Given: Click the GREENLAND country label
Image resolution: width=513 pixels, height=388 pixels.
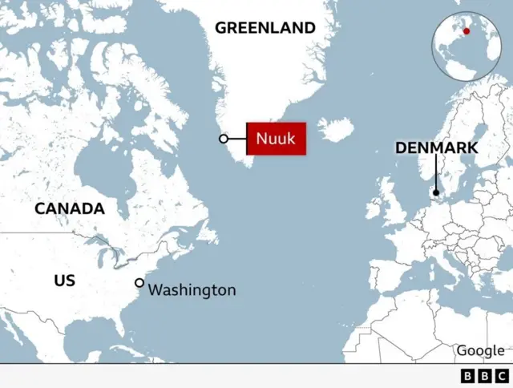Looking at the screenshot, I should coord(265,28).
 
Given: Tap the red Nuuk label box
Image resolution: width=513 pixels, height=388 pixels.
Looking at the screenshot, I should coord(275,139).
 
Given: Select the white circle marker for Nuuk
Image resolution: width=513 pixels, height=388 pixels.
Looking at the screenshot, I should coord(224,139).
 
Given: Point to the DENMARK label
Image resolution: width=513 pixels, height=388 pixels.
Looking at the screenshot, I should coord(436,148).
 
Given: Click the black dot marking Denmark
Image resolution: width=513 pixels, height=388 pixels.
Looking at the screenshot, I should coord(435,192).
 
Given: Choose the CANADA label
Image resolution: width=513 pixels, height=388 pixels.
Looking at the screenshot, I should coord(69,208).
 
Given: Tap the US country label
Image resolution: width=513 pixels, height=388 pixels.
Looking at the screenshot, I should coord(64,281).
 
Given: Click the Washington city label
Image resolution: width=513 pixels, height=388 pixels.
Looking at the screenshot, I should coord(192,290).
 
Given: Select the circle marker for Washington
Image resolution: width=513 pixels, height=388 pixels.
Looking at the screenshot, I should coord(139,282).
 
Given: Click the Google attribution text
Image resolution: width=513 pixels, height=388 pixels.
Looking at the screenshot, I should coord(480,350).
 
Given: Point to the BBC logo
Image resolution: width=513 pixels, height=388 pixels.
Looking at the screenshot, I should coord(485,375).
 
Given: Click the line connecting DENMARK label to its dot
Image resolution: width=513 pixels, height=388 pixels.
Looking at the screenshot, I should coord(435,172).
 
